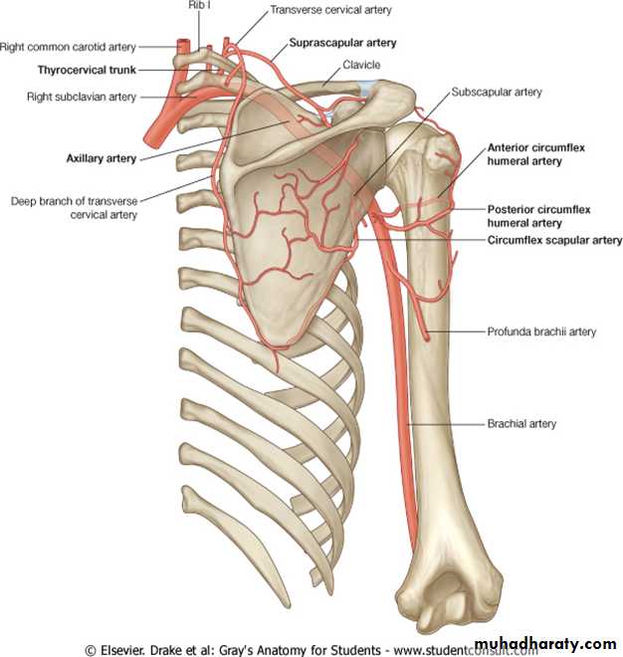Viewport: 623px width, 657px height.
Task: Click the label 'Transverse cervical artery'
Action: tap(330, 10)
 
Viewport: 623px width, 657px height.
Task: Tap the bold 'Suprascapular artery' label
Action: tap(342, 43)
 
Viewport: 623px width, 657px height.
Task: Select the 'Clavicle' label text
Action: tap(361, 65)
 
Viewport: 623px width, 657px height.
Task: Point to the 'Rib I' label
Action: tap(199, 5)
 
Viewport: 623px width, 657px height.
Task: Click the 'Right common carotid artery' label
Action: tap(68, 47)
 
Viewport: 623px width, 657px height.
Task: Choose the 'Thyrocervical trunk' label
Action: tap(87, 70)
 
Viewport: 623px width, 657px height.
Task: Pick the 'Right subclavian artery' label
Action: tap(82, 97)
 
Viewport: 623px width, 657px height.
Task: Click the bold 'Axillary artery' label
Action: tap(102, 158)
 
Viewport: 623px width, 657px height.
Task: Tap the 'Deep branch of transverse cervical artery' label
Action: tap(75, 208)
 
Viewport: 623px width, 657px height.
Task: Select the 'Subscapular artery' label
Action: tap(497, 92)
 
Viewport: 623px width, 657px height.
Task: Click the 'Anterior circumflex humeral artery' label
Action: tap(535, 154)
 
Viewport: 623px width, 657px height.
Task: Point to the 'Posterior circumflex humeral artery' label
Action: tap(538, 216)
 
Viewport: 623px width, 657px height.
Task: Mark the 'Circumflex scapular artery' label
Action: tap(554, 240)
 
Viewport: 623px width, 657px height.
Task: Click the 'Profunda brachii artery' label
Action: tap(541, 331)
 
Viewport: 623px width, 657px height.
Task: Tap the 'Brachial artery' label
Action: tap(521, 424)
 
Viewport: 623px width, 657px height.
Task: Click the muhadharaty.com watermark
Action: tap(545, 644)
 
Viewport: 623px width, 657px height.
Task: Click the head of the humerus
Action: tap(432, 151)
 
